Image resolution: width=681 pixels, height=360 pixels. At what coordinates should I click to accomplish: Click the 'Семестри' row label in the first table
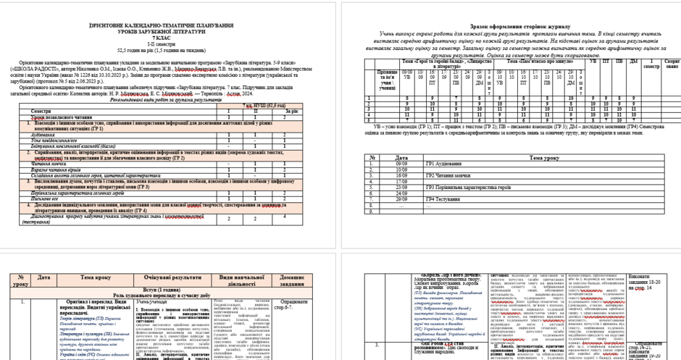click(41, 106)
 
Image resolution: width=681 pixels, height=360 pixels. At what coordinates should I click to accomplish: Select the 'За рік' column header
click(292, 111)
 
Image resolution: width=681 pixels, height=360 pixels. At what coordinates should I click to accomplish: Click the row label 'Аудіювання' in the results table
click(43, 135)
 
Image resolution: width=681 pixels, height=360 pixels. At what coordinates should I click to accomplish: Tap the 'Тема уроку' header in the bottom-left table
click(96, 277)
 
